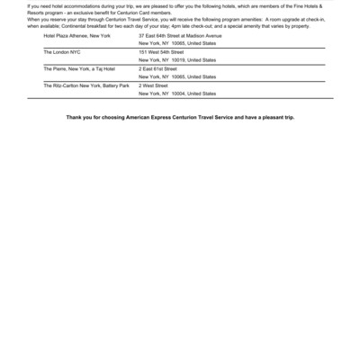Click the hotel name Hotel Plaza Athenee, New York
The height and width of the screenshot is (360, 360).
click(x=76, y=35)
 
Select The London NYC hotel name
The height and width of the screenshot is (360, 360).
click(x=62, y=52)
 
